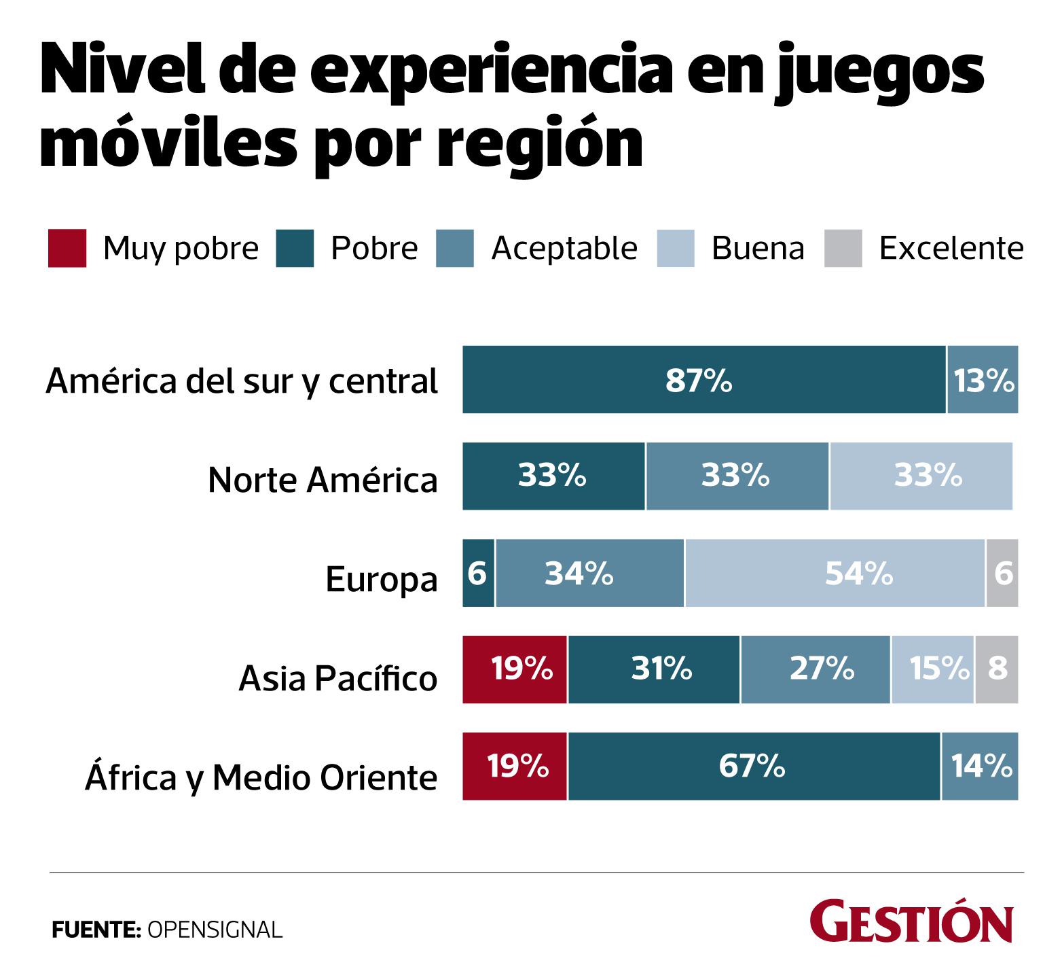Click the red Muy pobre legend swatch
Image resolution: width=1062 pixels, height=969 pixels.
(x=67, y=249)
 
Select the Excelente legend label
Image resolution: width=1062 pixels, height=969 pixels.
(x=951, y=249)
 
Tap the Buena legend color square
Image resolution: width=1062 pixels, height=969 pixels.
(x=676, y=249)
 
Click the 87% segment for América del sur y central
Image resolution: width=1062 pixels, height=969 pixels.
(x=704, y=380)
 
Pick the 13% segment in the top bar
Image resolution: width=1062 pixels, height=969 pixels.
(x=983, y=380)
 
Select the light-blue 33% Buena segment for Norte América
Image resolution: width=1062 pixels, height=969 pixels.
(x=921, y=476)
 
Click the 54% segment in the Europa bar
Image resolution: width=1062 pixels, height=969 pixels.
(x=835, y=574)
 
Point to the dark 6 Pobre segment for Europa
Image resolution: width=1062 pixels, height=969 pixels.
(x=478, y=574)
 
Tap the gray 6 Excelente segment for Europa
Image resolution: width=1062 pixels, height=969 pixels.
(x=1003, y=574)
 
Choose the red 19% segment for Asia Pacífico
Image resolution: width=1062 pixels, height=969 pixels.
(x=515, y=670)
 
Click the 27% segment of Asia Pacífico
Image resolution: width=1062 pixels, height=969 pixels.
(x=816, y=670)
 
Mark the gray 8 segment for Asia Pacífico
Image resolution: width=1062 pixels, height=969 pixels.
(x=997, y=670)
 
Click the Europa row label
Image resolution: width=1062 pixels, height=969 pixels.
(x=382, y=580)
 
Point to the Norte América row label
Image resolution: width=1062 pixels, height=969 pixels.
(x=323, y=480)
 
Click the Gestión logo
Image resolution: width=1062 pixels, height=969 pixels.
(x=911, y=923)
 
